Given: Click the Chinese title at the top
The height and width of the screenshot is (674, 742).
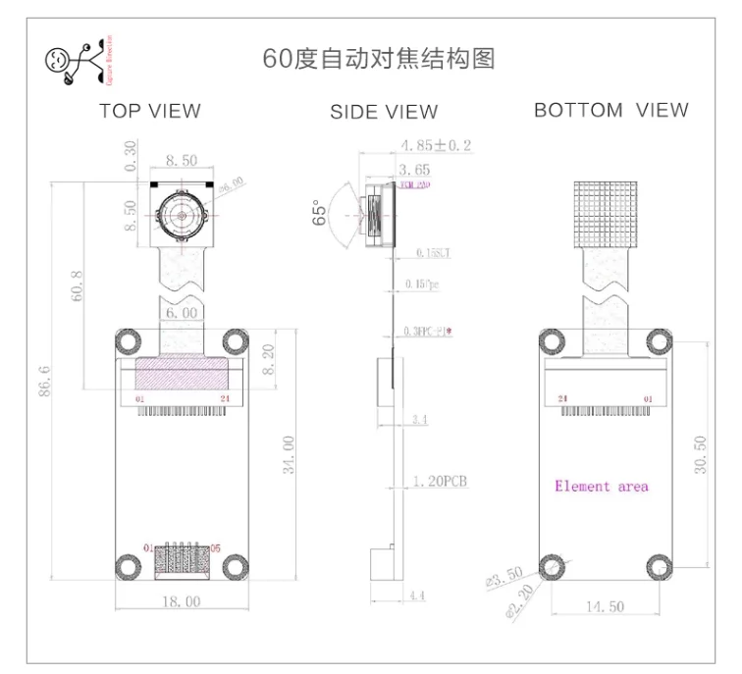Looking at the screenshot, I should coord(379,58).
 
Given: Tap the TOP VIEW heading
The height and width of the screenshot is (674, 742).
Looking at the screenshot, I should coord(149,111).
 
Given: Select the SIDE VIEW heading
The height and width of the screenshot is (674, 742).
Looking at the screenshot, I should coord(384,112).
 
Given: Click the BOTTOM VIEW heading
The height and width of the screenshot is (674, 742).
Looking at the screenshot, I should coord(610,110).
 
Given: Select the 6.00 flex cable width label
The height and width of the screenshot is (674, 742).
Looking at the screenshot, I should coord(182,313).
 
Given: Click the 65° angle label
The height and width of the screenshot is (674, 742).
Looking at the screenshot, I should coord(318,214).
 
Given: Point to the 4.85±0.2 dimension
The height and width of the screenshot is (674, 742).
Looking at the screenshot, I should coord(436,146).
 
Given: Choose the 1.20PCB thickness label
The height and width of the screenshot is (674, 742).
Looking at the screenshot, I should coord(440,482).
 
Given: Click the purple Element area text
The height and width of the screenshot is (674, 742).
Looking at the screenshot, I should coord(601,486).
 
